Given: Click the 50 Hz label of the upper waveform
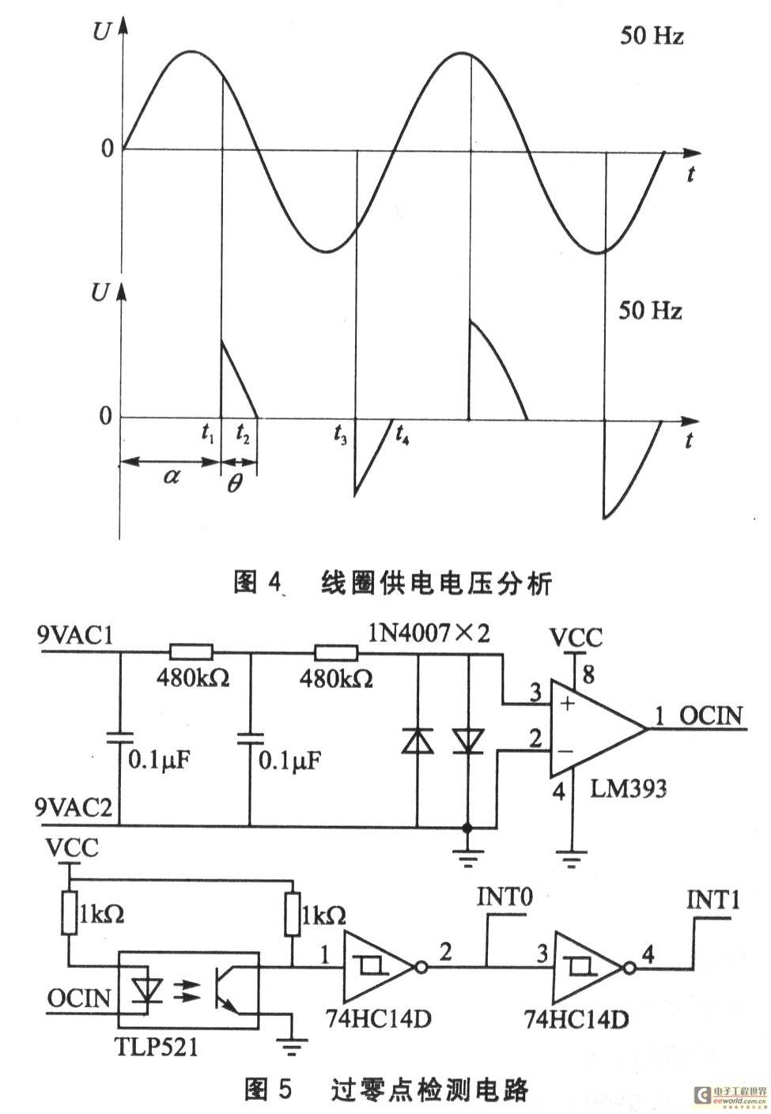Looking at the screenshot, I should (x=651, y=36).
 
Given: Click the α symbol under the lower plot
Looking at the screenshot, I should (x=171, y=475).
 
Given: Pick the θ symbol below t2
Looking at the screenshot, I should (x=234, y=483).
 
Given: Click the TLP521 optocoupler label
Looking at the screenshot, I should (x=157, y=1048).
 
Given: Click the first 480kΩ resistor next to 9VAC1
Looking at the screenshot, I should (x=191, y=652).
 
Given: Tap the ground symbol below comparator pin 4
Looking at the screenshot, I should (x=571, y=855).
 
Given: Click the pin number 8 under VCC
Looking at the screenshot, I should (x=587, y=674).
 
